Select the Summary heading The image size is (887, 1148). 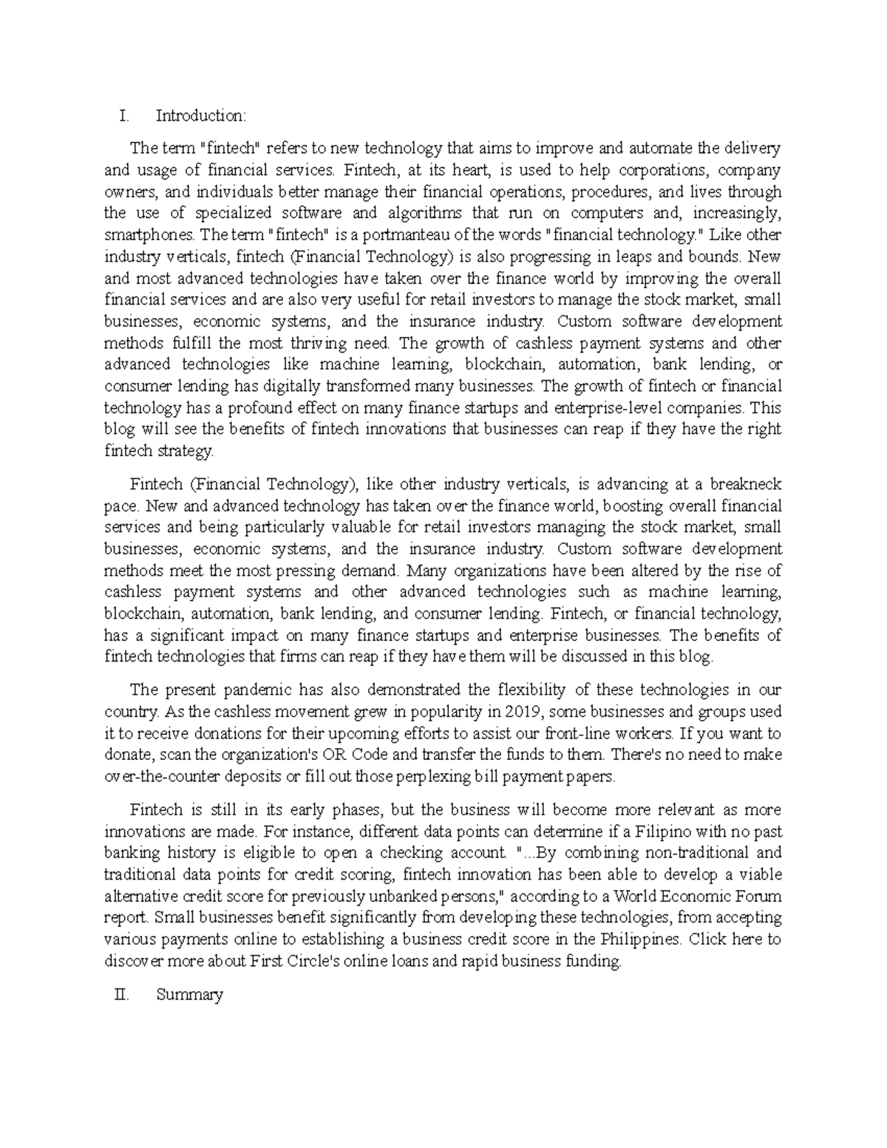(x=189, y=994)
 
